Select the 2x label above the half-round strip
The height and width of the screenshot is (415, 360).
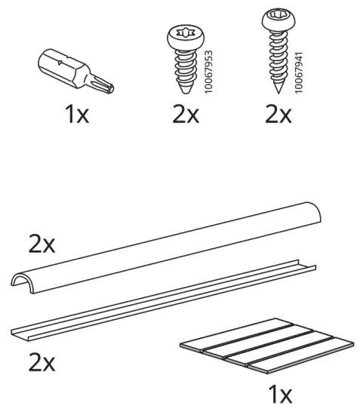point(41,244)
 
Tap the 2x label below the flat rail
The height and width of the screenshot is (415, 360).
point(42,362)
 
